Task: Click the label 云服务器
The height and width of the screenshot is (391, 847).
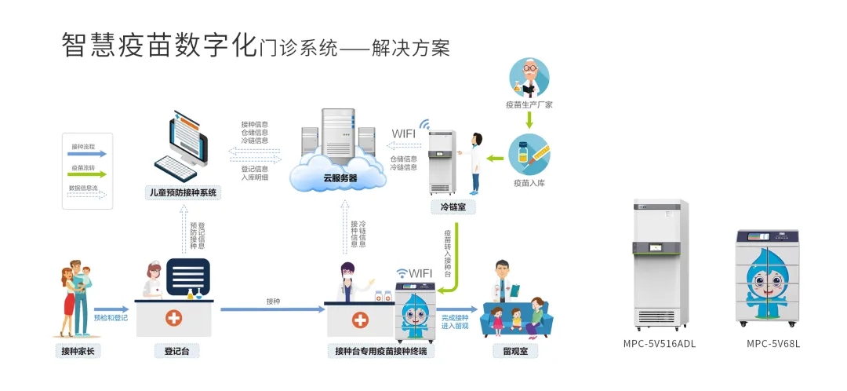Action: (340, 178)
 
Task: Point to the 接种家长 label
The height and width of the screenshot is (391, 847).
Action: (81, 351)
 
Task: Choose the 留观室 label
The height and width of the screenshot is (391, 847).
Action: (515, 352)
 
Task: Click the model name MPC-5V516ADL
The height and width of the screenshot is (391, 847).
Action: (660, 343)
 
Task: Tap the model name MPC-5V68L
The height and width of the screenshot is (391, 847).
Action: (772, 343)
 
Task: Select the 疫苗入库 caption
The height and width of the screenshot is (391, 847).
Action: (529, 183)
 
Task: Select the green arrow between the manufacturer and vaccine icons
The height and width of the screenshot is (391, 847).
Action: (529, 120)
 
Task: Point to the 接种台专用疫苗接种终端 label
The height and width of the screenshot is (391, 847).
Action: (380, 352)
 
